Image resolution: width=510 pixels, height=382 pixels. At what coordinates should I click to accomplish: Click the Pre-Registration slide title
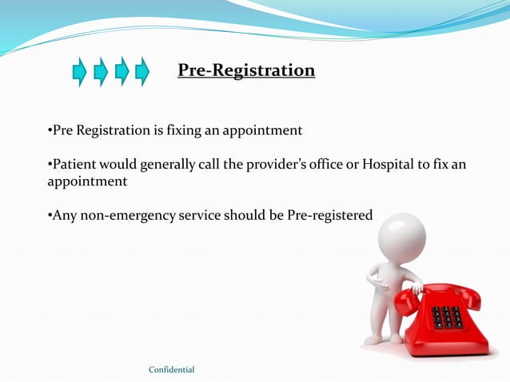point(246,71)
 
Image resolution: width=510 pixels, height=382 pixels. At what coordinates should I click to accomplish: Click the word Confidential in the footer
point(172,369)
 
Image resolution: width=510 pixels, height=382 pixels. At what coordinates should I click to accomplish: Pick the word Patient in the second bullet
point(70,165)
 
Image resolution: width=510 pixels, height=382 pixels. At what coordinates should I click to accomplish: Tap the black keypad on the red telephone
point(447,316)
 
